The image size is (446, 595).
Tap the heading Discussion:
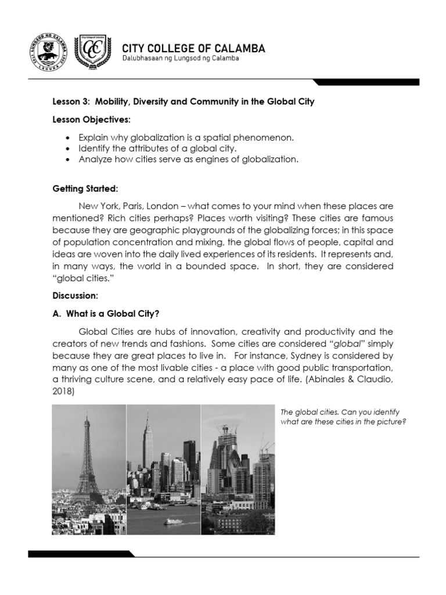pyautogui.click(x=74, y=295)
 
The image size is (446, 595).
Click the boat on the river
pyautogui.click(x=171, y=521)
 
